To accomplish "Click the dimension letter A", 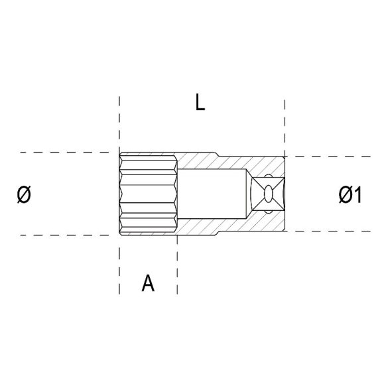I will point(149,283).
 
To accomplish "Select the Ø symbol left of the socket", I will point(24,194).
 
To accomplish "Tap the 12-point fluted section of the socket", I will point(148,194).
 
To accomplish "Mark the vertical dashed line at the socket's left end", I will point(119,126).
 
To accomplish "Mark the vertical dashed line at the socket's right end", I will point(285,126).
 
